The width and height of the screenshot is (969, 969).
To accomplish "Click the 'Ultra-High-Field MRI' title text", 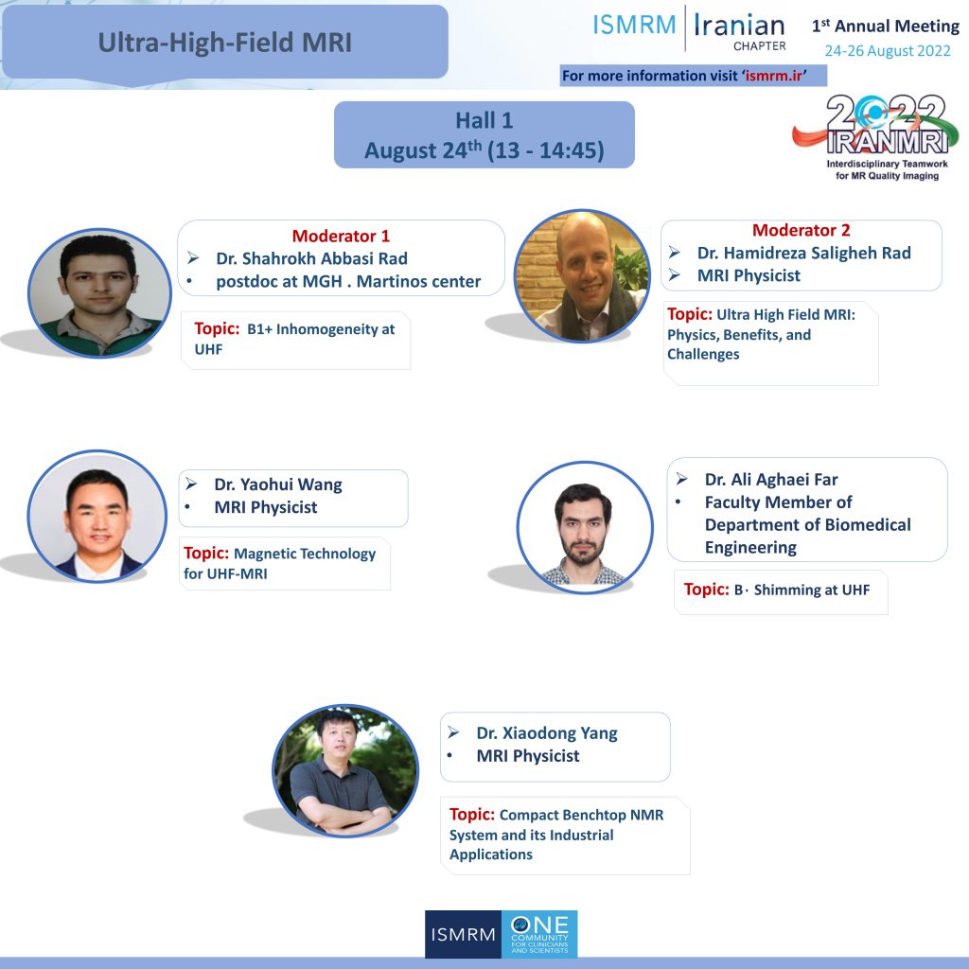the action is [x=225, y=43].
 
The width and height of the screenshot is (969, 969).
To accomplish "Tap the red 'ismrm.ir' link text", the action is [x=774, y=76].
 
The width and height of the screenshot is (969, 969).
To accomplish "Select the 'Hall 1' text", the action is [x=484, y=120].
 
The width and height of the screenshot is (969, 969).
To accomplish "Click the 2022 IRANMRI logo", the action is [x=876, y=137].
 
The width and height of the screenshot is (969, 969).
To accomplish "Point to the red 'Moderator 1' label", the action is [x=341, y=236].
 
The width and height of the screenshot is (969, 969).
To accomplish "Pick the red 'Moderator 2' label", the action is [x=801, y=230].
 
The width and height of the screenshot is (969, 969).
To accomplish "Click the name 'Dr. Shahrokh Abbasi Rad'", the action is [x=311, y=258].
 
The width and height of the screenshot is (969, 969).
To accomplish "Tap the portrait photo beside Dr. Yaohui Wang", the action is [x=97, y=516].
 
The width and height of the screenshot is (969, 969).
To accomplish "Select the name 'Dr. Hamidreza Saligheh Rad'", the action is [x=804, y=253].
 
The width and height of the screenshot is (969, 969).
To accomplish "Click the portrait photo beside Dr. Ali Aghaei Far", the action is [x=585, y=527].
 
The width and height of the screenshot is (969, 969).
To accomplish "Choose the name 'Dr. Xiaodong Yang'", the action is [x=547, y=733].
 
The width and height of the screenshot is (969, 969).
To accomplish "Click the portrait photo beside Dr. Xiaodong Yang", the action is [x=345, y=770].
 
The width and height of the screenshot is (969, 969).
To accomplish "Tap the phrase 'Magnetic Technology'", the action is [x=305, y=554].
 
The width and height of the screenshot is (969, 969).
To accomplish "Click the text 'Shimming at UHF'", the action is [x=811, y=590].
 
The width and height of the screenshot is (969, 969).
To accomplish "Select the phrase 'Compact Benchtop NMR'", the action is [x=582, y=815].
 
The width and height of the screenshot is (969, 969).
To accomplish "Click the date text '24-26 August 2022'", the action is [x=888, y=51].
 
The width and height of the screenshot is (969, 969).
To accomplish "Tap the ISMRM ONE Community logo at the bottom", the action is [x=502, y=934].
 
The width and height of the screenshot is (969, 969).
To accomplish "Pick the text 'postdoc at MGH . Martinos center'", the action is [x=348, y=281].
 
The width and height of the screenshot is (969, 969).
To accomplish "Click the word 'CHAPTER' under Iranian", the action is [x=760, y=45].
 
